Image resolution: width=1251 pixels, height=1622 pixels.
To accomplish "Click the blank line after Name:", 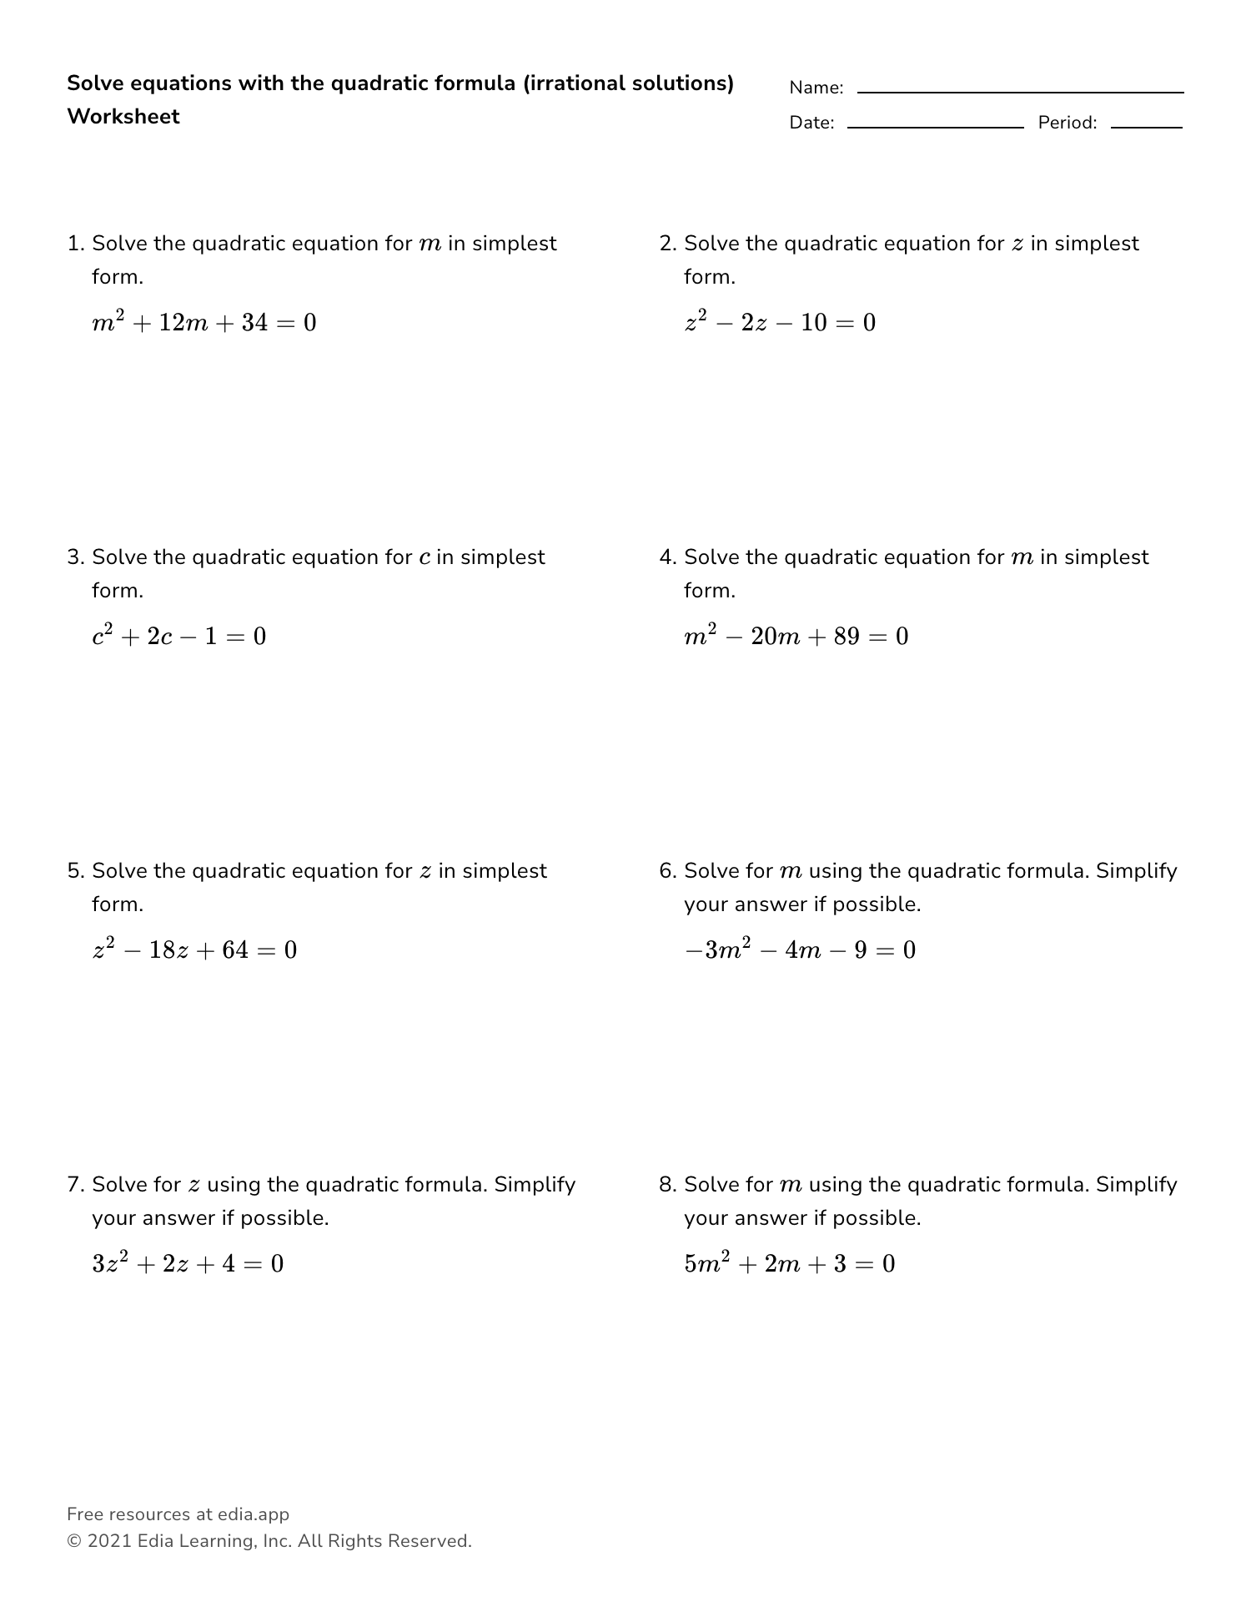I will (1020, 91).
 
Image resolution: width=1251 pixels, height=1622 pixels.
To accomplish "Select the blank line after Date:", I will (935, 126).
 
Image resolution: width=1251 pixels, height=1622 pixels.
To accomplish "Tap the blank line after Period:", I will (1146, 126).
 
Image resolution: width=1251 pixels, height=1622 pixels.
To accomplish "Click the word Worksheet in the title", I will (123, 117).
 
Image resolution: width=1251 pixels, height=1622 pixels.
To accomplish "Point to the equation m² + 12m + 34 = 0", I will (204, 323).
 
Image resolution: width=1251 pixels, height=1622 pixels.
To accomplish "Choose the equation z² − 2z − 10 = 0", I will (780, 323).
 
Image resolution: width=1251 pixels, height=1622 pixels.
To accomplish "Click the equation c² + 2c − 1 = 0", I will (179, 637).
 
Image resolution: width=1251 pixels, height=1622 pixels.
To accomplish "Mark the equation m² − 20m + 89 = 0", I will (796, 637).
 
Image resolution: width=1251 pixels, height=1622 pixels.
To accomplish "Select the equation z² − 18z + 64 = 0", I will (194, 950).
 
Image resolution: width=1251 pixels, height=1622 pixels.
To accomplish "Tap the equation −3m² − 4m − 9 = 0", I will (800, 950).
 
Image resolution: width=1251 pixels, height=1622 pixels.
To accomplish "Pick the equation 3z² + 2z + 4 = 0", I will (188, 1264).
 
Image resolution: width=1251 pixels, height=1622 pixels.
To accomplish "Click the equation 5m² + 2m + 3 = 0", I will (790, 1264).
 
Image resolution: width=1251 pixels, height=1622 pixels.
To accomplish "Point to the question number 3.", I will (74, 557).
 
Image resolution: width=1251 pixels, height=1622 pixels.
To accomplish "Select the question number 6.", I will (666, 871).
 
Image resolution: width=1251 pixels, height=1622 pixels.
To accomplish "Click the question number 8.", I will (666, 1185).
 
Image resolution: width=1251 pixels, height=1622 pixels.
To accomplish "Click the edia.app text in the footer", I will (253, 1514).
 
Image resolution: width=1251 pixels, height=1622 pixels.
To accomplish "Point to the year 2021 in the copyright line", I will (108, 1541).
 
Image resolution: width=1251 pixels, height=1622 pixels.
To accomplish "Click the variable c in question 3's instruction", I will (425, 558).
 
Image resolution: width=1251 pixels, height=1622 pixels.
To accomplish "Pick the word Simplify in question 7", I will (535, 1185).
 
